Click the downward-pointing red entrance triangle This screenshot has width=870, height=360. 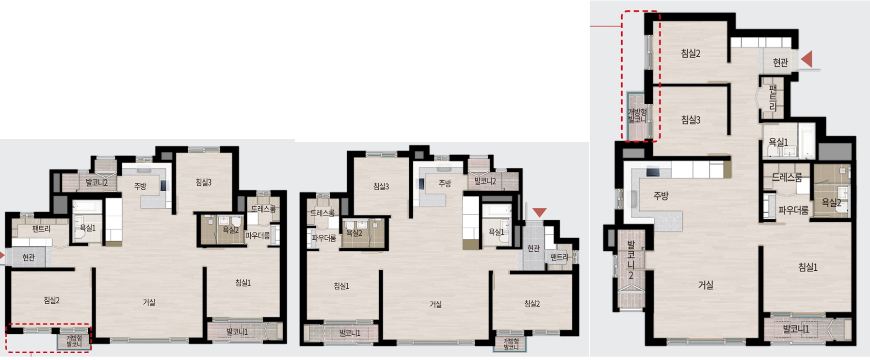coord(539,213)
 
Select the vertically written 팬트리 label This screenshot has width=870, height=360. coord(773,97)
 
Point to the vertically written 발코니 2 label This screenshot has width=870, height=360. coord(631,260)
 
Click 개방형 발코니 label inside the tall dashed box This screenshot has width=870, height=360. coord(637,115)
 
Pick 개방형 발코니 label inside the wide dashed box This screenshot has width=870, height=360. coord(74,341)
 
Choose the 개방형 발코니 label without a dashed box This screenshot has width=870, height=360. coord(511,344)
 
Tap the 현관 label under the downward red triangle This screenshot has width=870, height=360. coord(533,248)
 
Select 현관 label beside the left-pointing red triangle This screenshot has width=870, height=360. coord(780,63)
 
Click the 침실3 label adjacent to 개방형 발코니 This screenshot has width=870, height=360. coord(691,119)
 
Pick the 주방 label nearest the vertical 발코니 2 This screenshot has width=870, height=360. coord(661,196)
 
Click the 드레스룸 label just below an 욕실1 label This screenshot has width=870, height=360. coord(787,177)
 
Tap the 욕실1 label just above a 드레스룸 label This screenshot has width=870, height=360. coord(778,142)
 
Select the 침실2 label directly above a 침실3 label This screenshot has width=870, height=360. coord(691,53)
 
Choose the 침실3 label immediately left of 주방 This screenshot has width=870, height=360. coord(381,186)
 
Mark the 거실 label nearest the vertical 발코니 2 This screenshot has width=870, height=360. coord(706,285)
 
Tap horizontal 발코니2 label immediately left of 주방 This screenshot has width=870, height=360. coord(97,182)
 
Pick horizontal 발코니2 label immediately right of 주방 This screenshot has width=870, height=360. coord(485,181)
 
